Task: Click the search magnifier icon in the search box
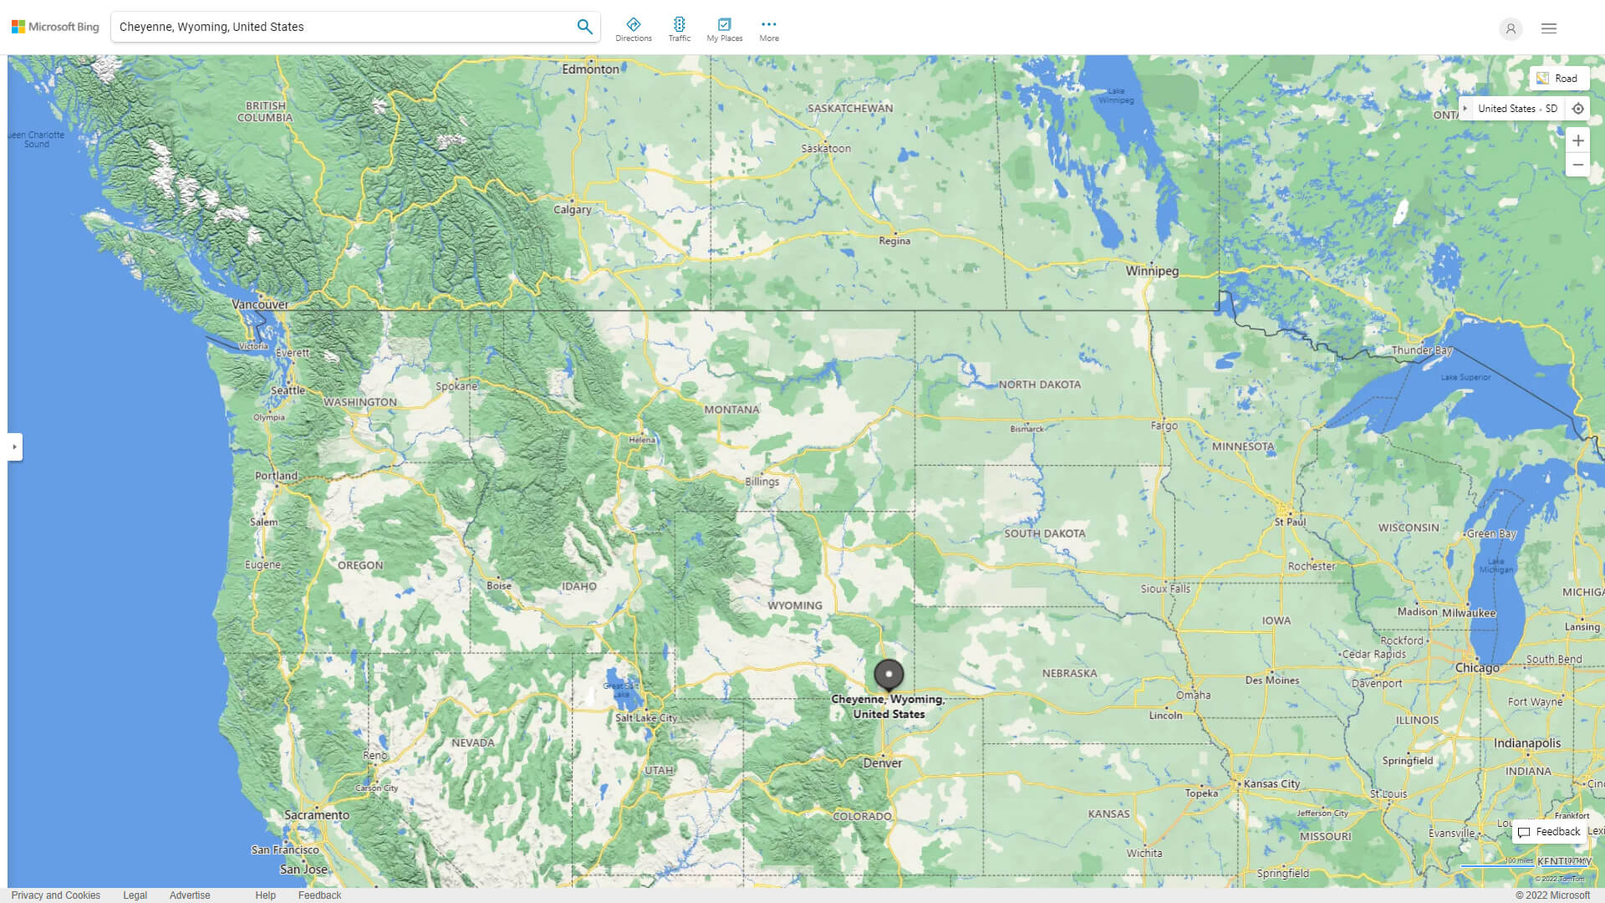coord(584,27)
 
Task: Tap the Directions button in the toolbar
coord(634,29)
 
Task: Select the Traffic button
coord(680,29)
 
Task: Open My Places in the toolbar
coord(724,29)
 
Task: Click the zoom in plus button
coord(1577,140)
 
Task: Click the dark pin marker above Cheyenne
coord(889,674)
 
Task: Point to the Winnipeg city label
coord(1151,271)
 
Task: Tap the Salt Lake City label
coord(646,717)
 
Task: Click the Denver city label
coord(883,763)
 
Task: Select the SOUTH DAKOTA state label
coord(1045,533)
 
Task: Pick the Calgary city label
coord(572,209)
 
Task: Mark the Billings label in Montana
coord(762,482)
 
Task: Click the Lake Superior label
coord(1465,377)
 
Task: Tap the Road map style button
coord(1559,79)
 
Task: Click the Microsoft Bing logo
coord(55,27)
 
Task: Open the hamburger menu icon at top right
coord(1549,28)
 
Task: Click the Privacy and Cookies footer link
coord(55,895)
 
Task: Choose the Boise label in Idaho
coord(499,585)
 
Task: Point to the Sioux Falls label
coord(1165,589)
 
